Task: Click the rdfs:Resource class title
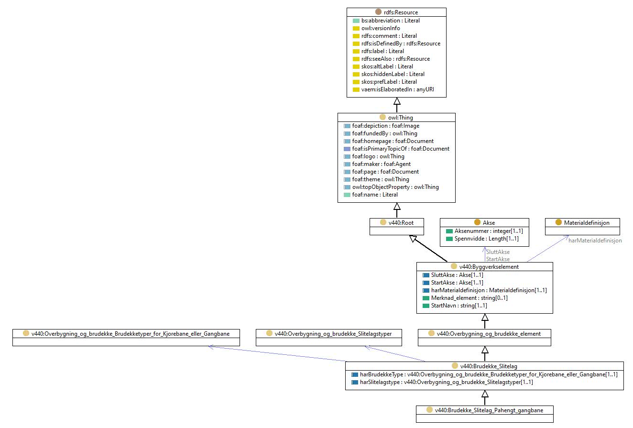(x=401, y=12)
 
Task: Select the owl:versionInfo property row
(x=381, y=28)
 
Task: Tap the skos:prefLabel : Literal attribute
(x=389, y=82)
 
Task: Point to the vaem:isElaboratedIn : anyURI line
(x=397, y=89)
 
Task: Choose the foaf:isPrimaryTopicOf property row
(x=401, y=149)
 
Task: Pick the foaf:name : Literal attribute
(x=375, y=195)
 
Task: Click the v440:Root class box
(x=396, y=227)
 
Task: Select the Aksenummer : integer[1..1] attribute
(x=489, y=231)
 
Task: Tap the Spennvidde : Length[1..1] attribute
(x=486, y=239)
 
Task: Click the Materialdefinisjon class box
(x=582, y=227)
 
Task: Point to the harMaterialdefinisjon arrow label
(x=595, y=241)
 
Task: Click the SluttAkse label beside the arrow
(x=498, y=252)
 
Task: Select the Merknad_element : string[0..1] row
(x=469, y=298)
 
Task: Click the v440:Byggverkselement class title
(x=489, y=266)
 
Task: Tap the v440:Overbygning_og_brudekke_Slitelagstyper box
(x=328, y=338)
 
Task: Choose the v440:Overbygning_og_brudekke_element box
(x=484, y=338)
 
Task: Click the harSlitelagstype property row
(x=446, y=382)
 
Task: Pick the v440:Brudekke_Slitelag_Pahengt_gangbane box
(x=485, y=414)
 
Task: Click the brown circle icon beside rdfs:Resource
(x=378, y=12)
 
